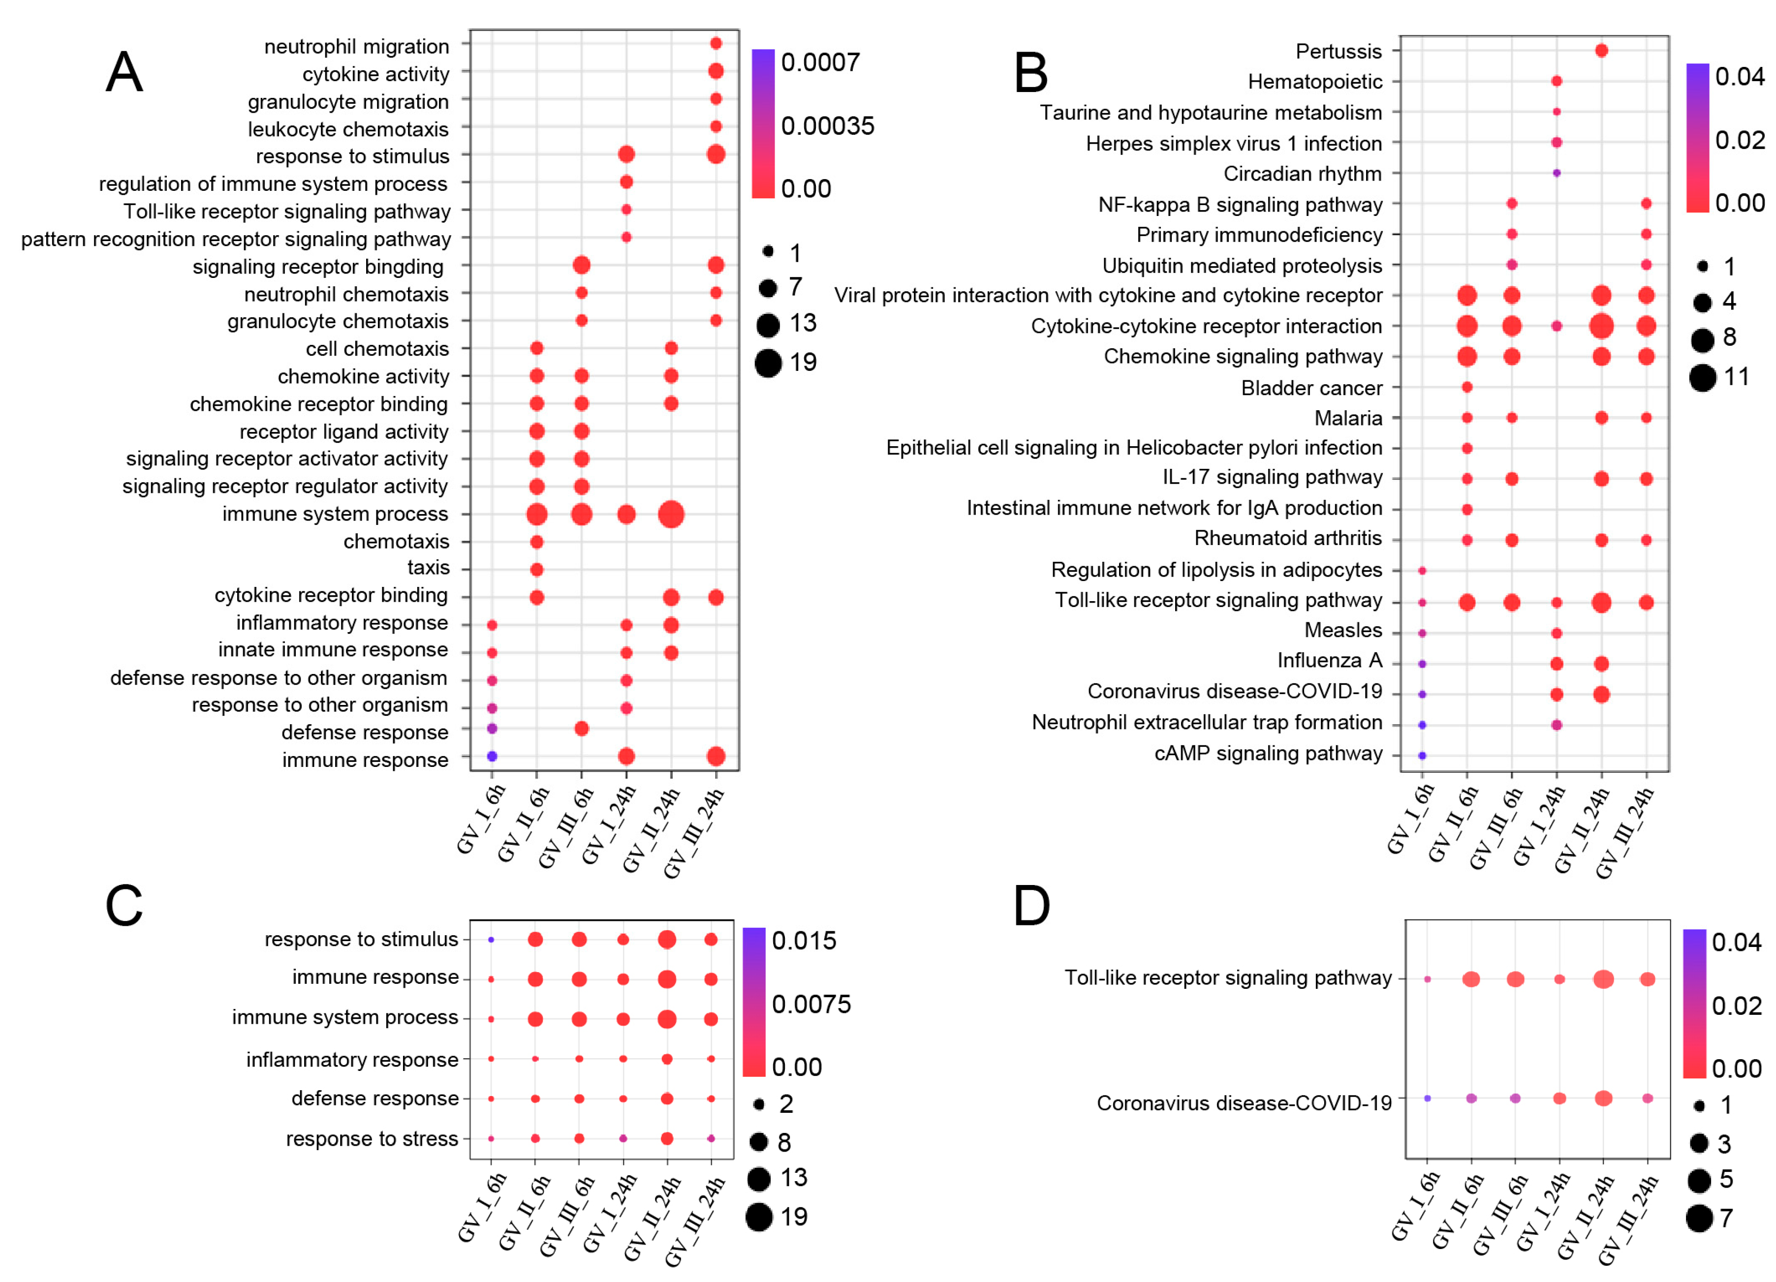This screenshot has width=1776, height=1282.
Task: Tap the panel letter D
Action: tap(1031, 906)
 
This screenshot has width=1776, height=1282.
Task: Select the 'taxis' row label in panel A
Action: tap(428, 567)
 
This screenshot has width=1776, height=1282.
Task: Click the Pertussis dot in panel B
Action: tap(1601, 51)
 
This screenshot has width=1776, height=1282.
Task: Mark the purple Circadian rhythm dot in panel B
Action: tap(1557, 173)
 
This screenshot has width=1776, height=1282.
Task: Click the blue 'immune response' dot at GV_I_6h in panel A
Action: tap(492, 756)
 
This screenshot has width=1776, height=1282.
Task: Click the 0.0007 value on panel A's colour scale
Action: tap(820, 62)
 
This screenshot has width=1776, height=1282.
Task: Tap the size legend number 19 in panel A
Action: tap(803, 363)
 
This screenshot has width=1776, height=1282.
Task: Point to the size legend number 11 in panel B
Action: tap(1737, 377)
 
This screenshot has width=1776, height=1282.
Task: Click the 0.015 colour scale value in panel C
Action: tap(804, 941)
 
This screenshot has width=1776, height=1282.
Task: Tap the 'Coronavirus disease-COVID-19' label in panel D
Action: tap(1244, 1103)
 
